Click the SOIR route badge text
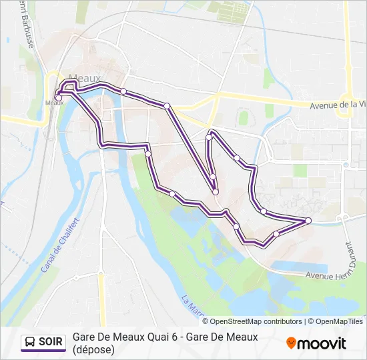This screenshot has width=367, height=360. point(51,343)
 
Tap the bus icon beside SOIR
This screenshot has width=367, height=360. point(31,343)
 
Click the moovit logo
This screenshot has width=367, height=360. point(316,343)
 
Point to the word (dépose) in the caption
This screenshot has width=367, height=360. point(93,349)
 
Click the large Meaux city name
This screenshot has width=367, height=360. point(85,78)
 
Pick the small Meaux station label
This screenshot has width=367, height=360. point(53,103)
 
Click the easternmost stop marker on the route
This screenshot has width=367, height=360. point(308,220)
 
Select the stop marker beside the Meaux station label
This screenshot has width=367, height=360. point(59,98)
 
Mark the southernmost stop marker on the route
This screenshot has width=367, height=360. point(276,234)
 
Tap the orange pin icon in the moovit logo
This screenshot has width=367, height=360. point(291,343)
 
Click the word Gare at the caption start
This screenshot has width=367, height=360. point(83,337)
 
